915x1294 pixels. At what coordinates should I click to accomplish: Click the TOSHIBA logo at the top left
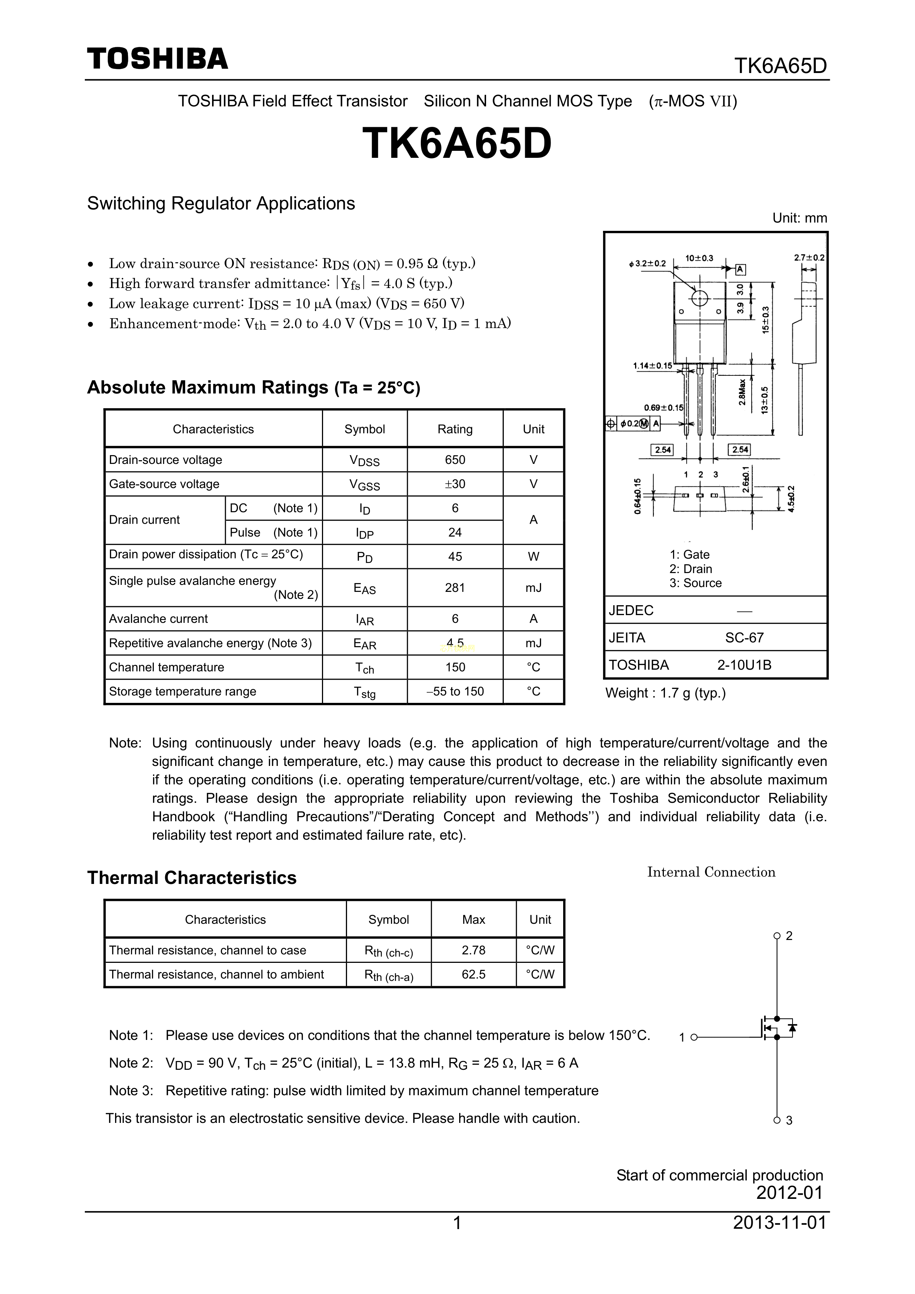157,59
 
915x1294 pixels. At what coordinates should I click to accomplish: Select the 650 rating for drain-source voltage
455,460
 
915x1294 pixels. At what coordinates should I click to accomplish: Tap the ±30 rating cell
455,484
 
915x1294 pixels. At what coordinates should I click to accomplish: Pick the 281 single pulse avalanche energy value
455,588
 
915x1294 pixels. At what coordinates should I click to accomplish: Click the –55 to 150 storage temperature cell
455,691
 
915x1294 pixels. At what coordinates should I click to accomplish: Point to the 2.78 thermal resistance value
474,950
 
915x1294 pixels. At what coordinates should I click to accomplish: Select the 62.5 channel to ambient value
474,974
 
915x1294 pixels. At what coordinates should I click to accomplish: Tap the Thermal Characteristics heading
192,878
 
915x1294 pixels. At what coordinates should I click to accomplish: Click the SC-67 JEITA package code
744,638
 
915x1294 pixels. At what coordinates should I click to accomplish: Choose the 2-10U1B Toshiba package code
744,665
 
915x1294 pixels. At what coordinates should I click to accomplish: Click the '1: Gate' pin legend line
690,555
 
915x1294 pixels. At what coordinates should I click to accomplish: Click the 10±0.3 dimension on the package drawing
699,258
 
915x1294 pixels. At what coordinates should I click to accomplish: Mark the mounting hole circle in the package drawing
700,298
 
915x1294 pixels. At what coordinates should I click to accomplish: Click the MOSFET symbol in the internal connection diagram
777,1028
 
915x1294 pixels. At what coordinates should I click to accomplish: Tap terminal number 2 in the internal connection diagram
789,936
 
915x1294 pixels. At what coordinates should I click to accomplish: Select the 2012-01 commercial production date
789,1193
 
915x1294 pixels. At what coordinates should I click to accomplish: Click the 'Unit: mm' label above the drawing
800,218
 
